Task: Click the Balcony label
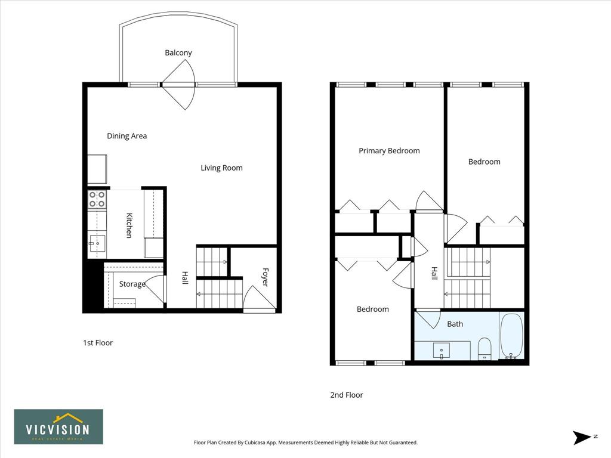pyautogui.click(x=178, y=52)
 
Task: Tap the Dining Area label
pyautogui.click(x=126, y=136)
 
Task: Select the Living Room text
pyautogui.click(x=221, y=168)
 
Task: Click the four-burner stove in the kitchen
pyautogui.click(x=97, y=199)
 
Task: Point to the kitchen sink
pyautogui.click(x=97, y=243)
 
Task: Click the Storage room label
pyautogui.click(x=132, y=284)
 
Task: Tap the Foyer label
pyautogui.click(x=266, y=277)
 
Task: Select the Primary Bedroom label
pyautogui.click(x=389, y=151)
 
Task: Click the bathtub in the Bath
pyautogui.click(x=511, y=336)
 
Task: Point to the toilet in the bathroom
pyautogui.click(x=485, y=348)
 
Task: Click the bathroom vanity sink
pyautogui.click(x=442, y=350)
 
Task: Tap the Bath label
pyautogui.click(x=455, y=324)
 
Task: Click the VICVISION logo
pyautogui.click(x=59, y=427)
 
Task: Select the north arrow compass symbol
pyautogui.click(x=582, y=437)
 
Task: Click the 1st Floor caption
pyautogui.click(x=98, y=343)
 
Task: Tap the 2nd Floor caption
pyautogui.click(x=347, y=395)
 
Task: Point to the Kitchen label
pyautogui.click(x=129, y=225)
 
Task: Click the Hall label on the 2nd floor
pyautogui.click(x=434, y=273)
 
